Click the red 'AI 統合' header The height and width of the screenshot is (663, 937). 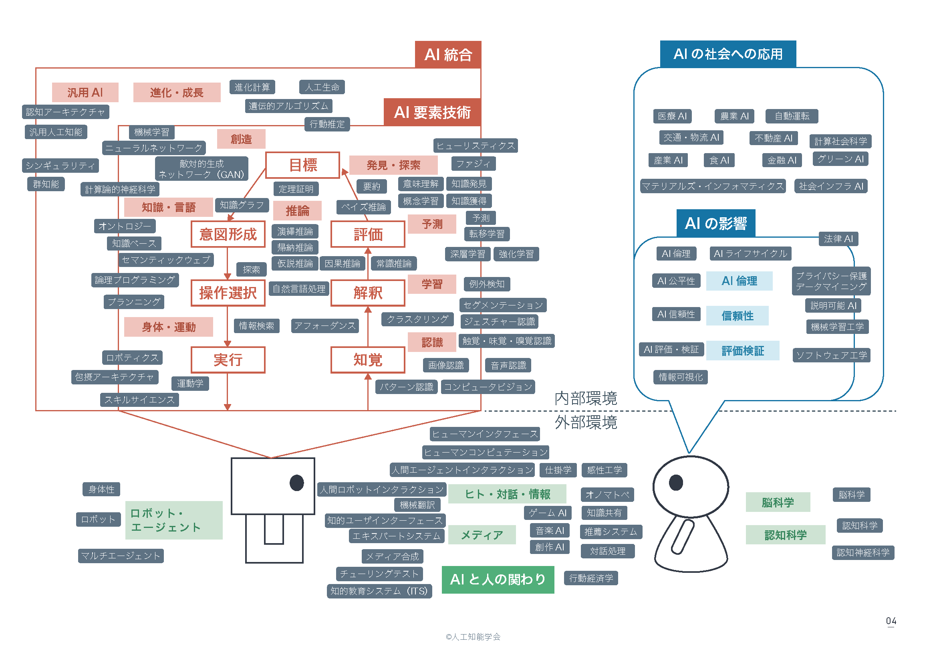coord(448,55)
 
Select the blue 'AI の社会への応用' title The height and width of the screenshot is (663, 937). coord(727,54)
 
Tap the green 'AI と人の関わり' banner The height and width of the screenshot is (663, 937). coord(498,579)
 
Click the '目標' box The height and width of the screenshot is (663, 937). coord(302,165)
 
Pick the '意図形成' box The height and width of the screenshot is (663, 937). coord(228,234)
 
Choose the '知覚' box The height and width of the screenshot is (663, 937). coord(367,360)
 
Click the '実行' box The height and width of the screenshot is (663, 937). coord(228,360)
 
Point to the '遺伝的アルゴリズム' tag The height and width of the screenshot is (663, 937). coord(288,106)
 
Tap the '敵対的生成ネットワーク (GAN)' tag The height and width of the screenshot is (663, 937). coord(201,169)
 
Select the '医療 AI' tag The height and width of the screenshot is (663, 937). coord(672,116)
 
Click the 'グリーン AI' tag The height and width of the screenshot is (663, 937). coord(840,159)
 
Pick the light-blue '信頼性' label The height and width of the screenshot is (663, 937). coord(737,315)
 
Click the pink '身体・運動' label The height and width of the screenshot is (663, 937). coord(168,327)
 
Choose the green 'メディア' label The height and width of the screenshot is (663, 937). coord(482,535)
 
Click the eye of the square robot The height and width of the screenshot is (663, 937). coord(297,483)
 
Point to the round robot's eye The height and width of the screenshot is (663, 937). coord(676,483)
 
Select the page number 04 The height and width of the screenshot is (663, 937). coord(891,621)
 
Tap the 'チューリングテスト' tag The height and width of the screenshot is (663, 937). coord(379,574)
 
